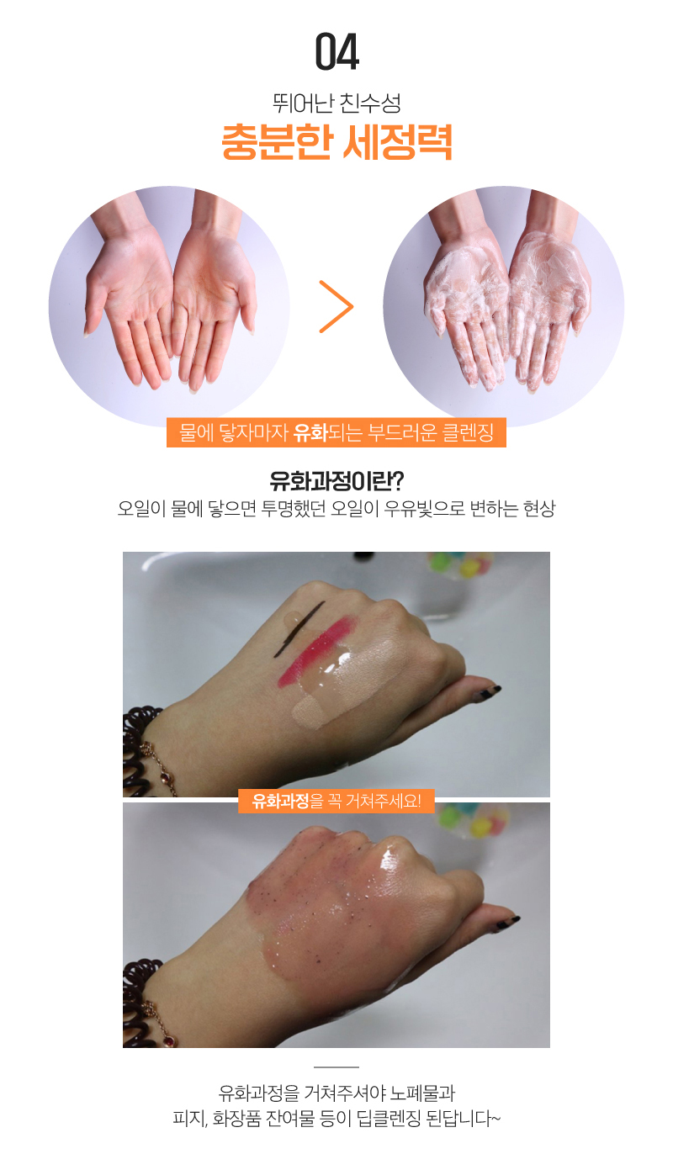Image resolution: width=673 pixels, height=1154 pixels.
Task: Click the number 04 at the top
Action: point(336,51)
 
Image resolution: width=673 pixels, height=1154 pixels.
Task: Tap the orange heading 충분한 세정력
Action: point(336,141)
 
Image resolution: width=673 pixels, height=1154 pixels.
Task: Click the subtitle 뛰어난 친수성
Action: point(336,103)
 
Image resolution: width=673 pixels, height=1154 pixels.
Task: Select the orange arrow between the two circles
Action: point(336,306)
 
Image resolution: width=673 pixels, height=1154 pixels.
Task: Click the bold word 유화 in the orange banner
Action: point(310,432)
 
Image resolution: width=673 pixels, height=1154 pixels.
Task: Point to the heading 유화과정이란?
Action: point(336,480)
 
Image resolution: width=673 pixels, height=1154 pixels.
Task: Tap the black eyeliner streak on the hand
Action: point(299,628)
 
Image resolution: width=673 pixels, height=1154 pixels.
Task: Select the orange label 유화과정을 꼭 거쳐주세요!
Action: point(336,801)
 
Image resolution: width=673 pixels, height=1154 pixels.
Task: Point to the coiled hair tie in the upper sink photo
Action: point(140,753)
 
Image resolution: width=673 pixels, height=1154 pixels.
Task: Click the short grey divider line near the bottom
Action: point(336,1067)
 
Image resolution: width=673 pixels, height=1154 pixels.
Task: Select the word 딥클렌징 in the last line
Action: point(391,1119)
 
